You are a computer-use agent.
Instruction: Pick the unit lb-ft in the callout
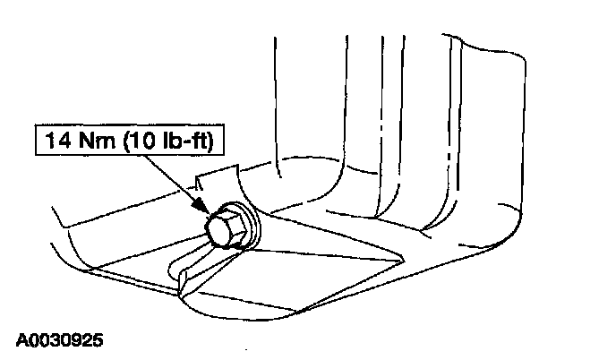pos(184,141)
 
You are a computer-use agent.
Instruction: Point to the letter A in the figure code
pos(21,340)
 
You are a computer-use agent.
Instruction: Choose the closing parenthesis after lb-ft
pos(210,141)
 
